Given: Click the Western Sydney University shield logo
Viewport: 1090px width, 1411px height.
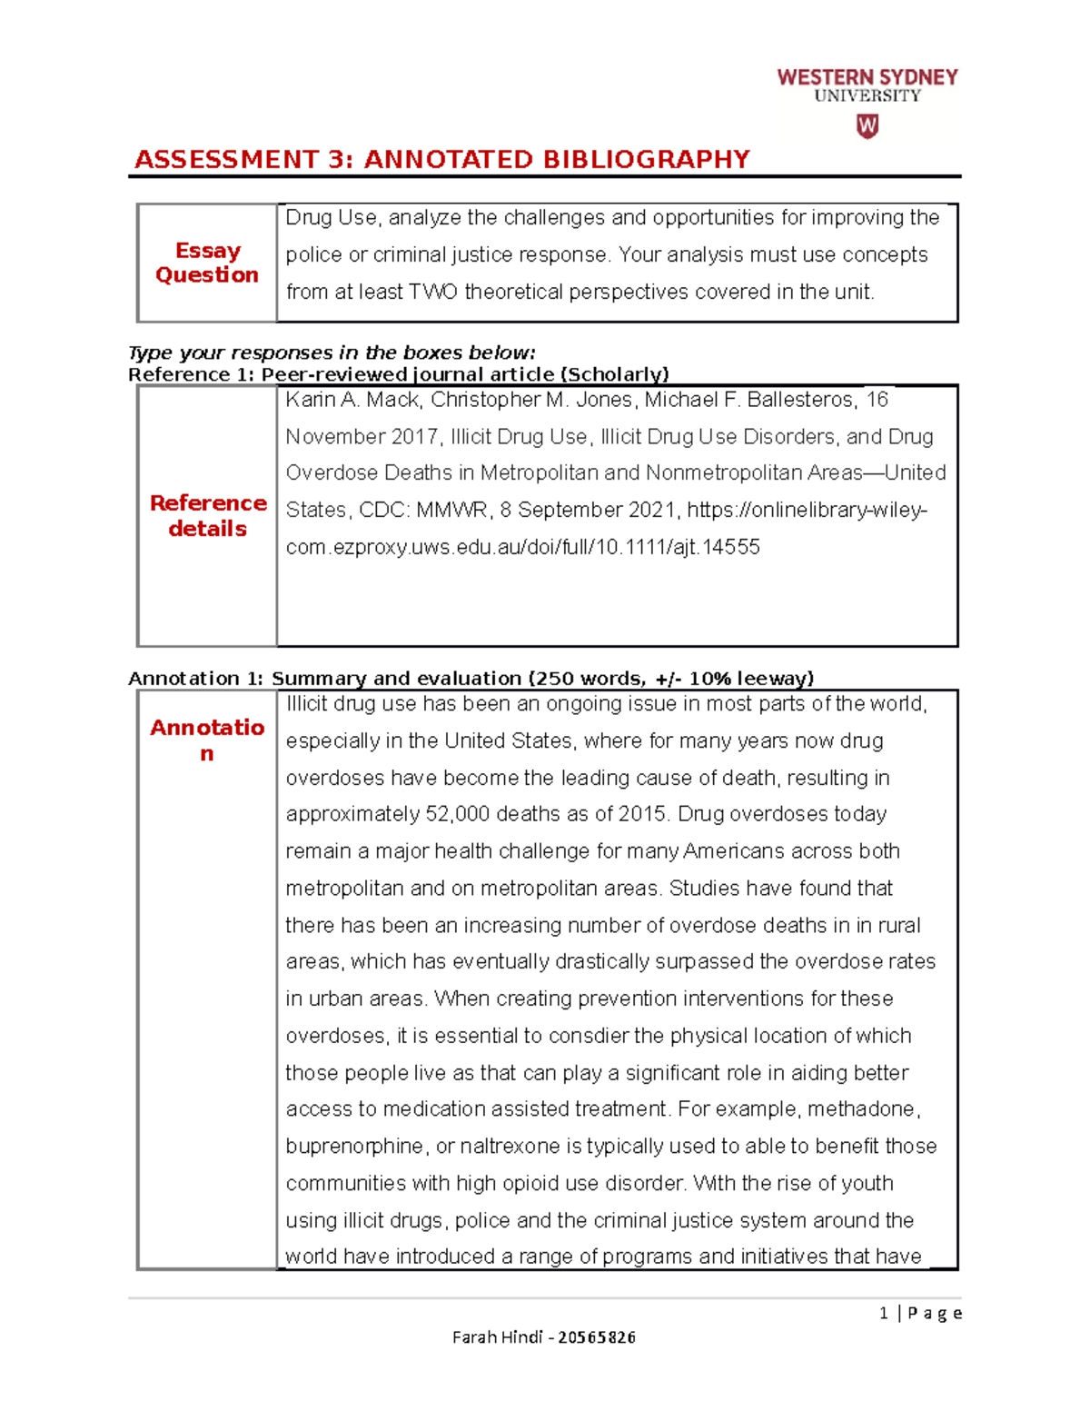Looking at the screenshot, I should point(867,126).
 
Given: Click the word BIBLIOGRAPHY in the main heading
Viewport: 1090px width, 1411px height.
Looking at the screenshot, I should point(647,160).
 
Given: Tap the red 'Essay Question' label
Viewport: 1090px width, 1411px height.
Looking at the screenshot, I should point(207,263).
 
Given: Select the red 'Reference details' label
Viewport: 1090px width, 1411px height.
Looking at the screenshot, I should point(208,515).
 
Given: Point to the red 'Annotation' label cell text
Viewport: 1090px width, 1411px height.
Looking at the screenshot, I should point(207,739).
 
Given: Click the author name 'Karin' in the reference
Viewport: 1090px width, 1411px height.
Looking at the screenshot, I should point(310,400).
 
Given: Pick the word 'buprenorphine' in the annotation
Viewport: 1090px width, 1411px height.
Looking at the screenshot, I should point(354,1147).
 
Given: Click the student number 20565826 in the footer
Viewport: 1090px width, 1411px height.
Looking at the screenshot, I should point(596,1337).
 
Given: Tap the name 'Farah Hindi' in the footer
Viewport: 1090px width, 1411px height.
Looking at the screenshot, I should point(497,1337).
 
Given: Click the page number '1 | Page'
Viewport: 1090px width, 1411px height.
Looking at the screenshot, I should point(920,1313).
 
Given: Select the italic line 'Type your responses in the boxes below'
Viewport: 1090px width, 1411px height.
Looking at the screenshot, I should point(332,353).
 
